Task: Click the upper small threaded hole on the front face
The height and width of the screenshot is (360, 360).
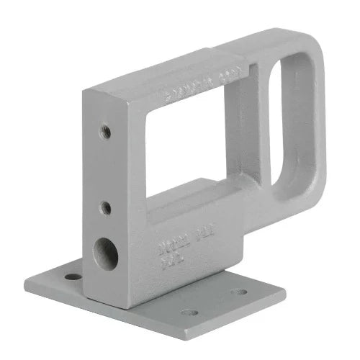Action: click(x=105, y=131)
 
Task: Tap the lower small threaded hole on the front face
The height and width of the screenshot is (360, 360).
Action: click(x=105, y=208)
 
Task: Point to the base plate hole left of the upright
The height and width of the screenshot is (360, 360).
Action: click(x=73, y=276)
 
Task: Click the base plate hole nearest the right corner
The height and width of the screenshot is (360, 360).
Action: click(x=238, y=292)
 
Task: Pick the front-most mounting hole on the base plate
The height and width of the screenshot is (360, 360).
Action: click(x=189, y=312)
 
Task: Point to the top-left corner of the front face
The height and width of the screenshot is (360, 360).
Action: click(x=87, y=92)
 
